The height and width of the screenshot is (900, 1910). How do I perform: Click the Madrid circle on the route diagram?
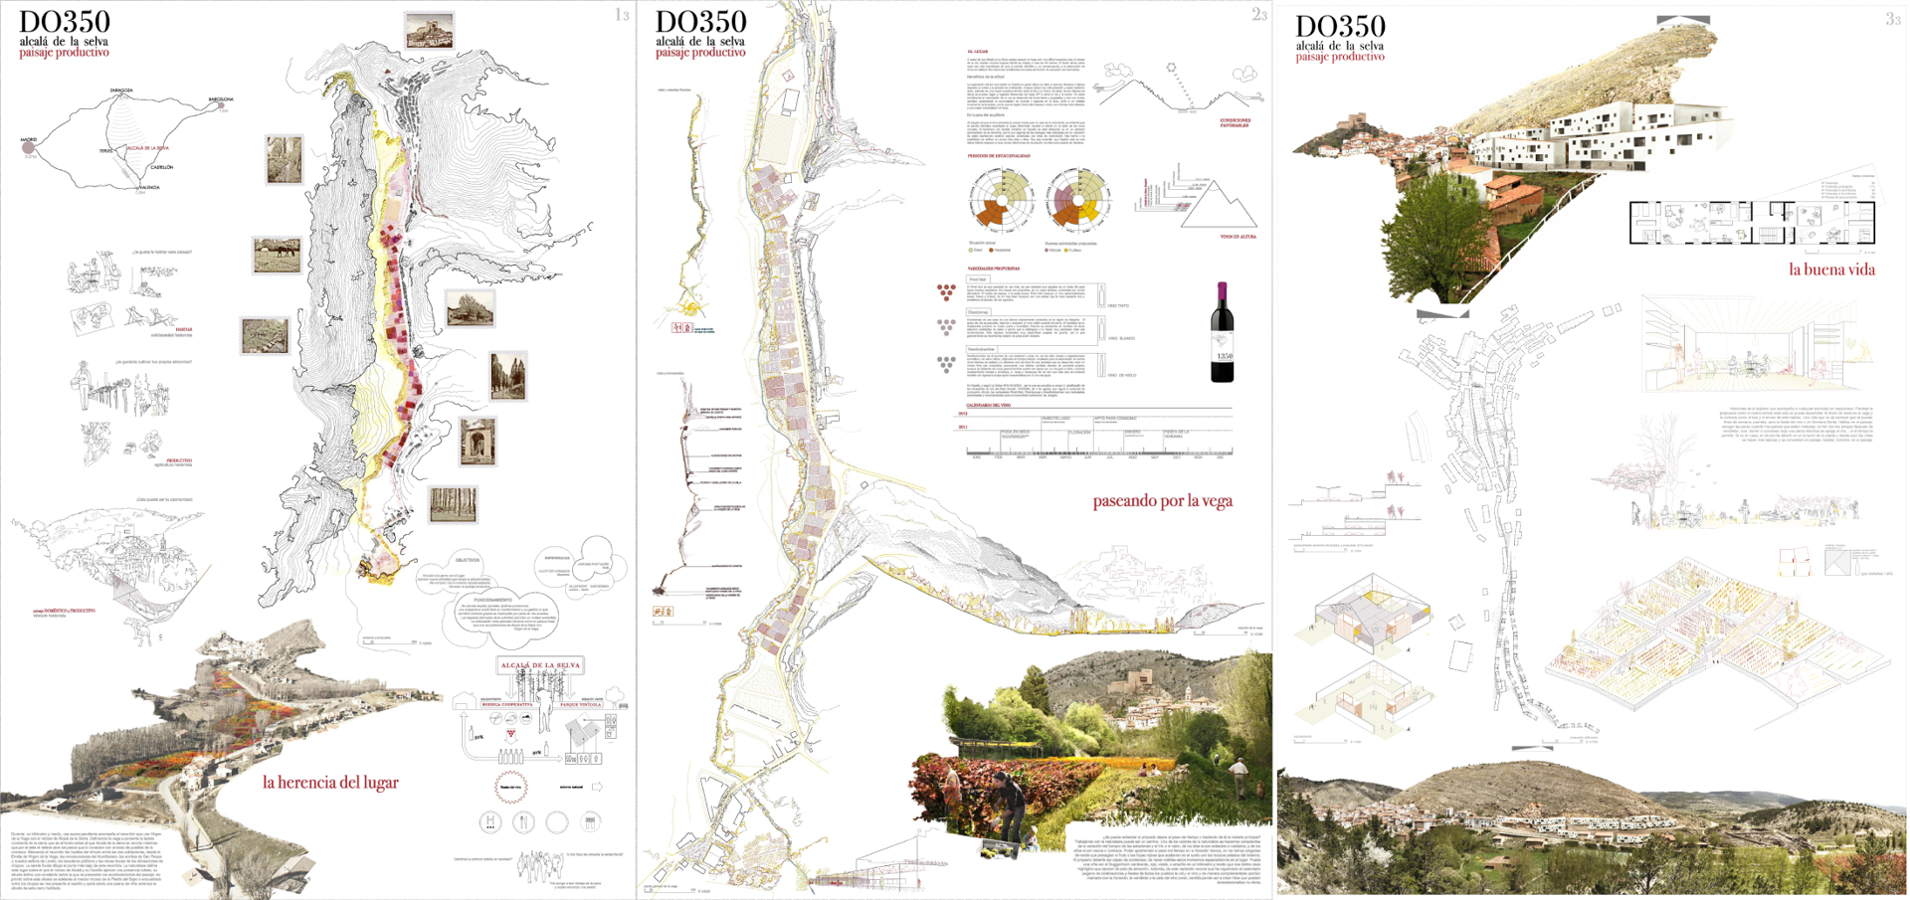(28, 147)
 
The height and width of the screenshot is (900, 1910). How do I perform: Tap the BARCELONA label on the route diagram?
(220, 99)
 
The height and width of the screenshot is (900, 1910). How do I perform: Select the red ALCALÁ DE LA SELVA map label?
(147, 148)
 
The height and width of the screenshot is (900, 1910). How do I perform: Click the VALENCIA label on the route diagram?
(149, 187)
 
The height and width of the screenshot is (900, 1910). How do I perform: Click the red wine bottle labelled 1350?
(1222, 333)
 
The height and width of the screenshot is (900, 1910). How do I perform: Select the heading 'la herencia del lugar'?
(330, 783)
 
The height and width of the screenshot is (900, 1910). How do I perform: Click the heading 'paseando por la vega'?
(1162, 501)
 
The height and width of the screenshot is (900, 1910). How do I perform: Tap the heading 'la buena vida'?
(1831, 270)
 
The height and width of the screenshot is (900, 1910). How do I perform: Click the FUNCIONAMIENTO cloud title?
(492, 600)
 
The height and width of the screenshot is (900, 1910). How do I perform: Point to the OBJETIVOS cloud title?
(467, 560)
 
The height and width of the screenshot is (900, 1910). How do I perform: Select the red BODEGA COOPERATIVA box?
(507, 704)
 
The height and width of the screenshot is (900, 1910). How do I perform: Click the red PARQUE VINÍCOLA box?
(581, 704)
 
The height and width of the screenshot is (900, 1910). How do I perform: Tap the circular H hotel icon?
(489, 821)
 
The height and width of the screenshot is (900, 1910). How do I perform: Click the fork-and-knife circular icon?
(524, 821)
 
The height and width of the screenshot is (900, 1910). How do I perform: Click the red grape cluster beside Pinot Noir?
(945, 291)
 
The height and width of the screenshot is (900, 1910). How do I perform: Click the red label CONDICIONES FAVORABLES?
(1235, 123)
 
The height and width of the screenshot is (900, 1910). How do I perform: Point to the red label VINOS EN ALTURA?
(1238, 237)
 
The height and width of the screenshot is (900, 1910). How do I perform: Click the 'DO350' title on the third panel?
(1340, 27)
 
